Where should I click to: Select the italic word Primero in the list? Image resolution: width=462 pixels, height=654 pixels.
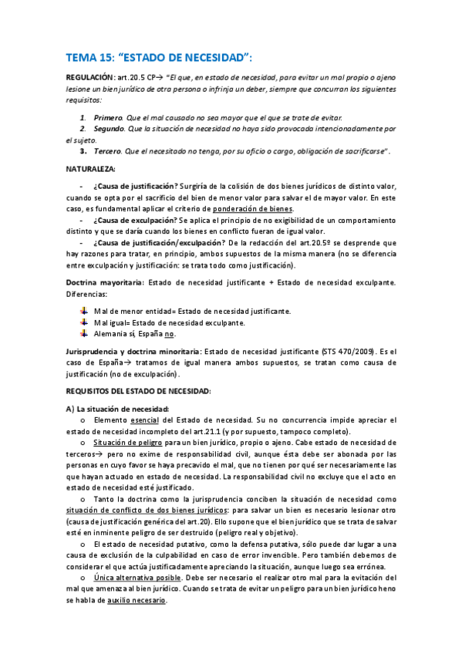tap(108, 116)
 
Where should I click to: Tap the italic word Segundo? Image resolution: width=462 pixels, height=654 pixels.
tap(110, 129)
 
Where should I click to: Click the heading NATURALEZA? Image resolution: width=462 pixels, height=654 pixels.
tap(91, 167)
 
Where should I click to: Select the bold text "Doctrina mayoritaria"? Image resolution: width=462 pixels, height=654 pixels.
tap(104, 282)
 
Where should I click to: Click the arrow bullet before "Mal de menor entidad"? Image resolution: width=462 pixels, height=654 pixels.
tap(84, 310)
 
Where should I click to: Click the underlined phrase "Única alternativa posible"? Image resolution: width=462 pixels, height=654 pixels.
tap(137, 577)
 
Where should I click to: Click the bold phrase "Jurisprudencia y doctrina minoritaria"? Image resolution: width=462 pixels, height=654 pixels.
tap(133, 351)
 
